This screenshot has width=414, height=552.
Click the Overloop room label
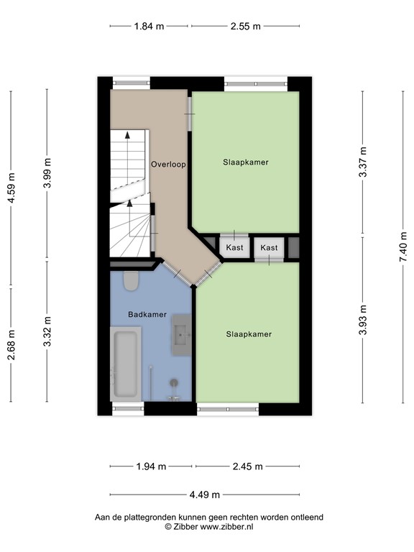tap(168, 164)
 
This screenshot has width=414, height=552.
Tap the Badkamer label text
tap(147, 314)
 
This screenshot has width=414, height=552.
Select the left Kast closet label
tap(234, 247)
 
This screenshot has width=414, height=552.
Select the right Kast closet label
tap(269, 247)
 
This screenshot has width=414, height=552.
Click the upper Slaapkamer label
tap(245, 162)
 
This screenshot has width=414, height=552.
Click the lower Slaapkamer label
tap(249, 334)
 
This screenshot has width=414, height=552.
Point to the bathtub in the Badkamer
tap(125, 364)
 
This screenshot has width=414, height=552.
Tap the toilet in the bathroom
tap(130, 280)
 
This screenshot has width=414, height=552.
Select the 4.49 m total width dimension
tap(204, 494)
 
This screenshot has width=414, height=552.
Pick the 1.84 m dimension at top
tap(149, 26)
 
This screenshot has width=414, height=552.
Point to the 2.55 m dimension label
tap(246, 26)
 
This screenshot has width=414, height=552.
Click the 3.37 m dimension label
tap(363, 162)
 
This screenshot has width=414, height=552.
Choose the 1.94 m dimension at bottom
tap(151, 466)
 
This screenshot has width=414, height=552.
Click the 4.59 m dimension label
tap(11, 188)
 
